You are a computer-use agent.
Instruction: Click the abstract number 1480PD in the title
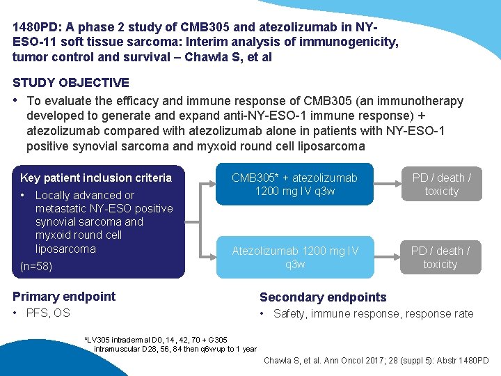tap(35, 28)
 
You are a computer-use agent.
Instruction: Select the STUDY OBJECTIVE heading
tap(70, 83)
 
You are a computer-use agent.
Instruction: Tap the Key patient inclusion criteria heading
tap(95, 178)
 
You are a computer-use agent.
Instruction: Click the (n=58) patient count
tap(36, 266)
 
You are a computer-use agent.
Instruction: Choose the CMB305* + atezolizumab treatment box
tap(294, 185)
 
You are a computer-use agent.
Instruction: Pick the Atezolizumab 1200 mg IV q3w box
tap(294, 257)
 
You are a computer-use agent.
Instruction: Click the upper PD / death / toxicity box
tap(441, 185)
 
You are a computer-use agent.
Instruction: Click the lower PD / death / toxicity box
tap(440, 257)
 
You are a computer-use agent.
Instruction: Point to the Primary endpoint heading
tap(64, 297)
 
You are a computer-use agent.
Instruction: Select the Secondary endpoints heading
tap(323, 297)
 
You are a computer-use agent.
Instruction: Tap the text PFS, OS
tap(48, 313)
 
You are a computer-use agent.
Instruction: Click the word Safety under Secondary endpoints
tap(289, 314)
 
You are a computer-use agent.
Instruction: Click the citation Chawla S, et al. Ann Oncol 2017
tap(376, 360)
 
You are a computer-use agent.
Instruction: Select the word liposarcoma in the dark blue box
tap(65, 249)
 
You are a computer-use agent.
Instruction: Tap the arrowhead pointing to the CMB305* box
tap(212, 185)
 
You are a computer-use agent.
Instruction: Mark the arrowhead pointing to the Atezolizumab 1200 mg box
tap(212, 257)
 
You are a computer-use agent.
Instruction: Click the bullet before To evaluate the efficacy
tap(16, 100)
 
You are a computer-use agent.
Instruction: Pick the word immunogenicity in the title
tap(356, 42)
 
